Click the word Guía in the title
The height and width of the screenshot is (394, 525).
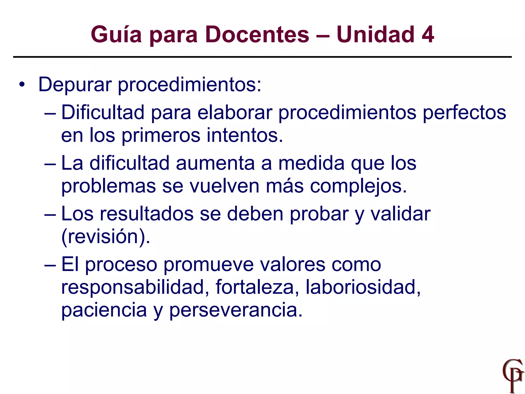116,35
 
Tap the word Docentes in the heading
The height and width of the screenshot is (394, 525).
257,35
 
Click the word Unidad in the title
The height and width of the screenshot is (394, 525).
375,35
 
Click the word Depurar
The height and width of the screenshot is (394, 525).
75,85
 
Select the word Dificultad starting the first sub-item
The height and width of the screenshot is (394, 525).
103,112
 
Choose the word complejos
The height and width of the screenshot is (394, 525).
358,186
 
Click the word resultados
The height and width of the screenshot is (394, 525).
146,214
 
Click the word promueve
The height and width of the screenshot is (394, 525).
208,265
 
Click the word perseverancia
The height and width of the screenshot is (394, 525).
236,310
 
